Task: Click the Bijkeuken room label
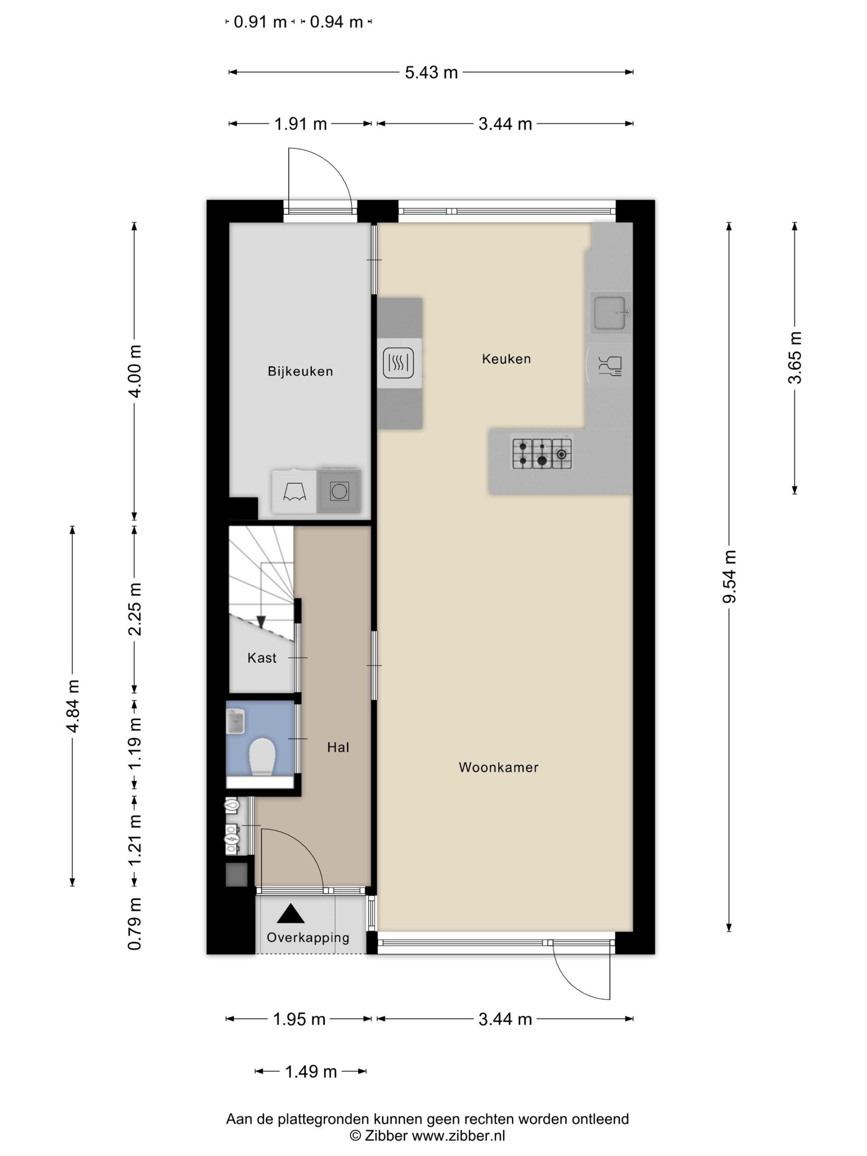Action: (x=300, y=371)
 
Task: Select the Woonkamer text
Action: (x=498, y=767)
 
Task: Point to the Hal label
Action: (x=338, y=747)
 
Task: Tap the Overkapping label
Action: (x=308, y=937)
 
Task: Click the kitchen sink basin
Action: (x=609, y=313)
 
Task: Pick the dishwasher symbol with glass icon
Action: (x=610, y=366)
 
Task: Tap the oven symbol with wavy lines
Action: (x=398, y=363)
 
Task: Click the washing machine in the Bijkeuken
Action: (x=339, y=491)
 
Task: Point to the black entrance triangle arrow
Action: (x=291, y=914)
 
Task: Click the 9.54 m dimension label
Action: (x=729, y=576)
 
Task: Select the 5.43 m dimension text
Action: (x=431, y=72)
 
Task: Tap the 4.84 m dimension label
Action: (x=73, y=706)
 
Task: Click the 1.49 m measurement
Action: (x=310, y=1072)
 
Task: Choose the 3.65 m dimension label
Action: (x=794, y=358)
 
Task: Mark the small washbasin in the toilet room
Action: (x=236, y=721)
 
